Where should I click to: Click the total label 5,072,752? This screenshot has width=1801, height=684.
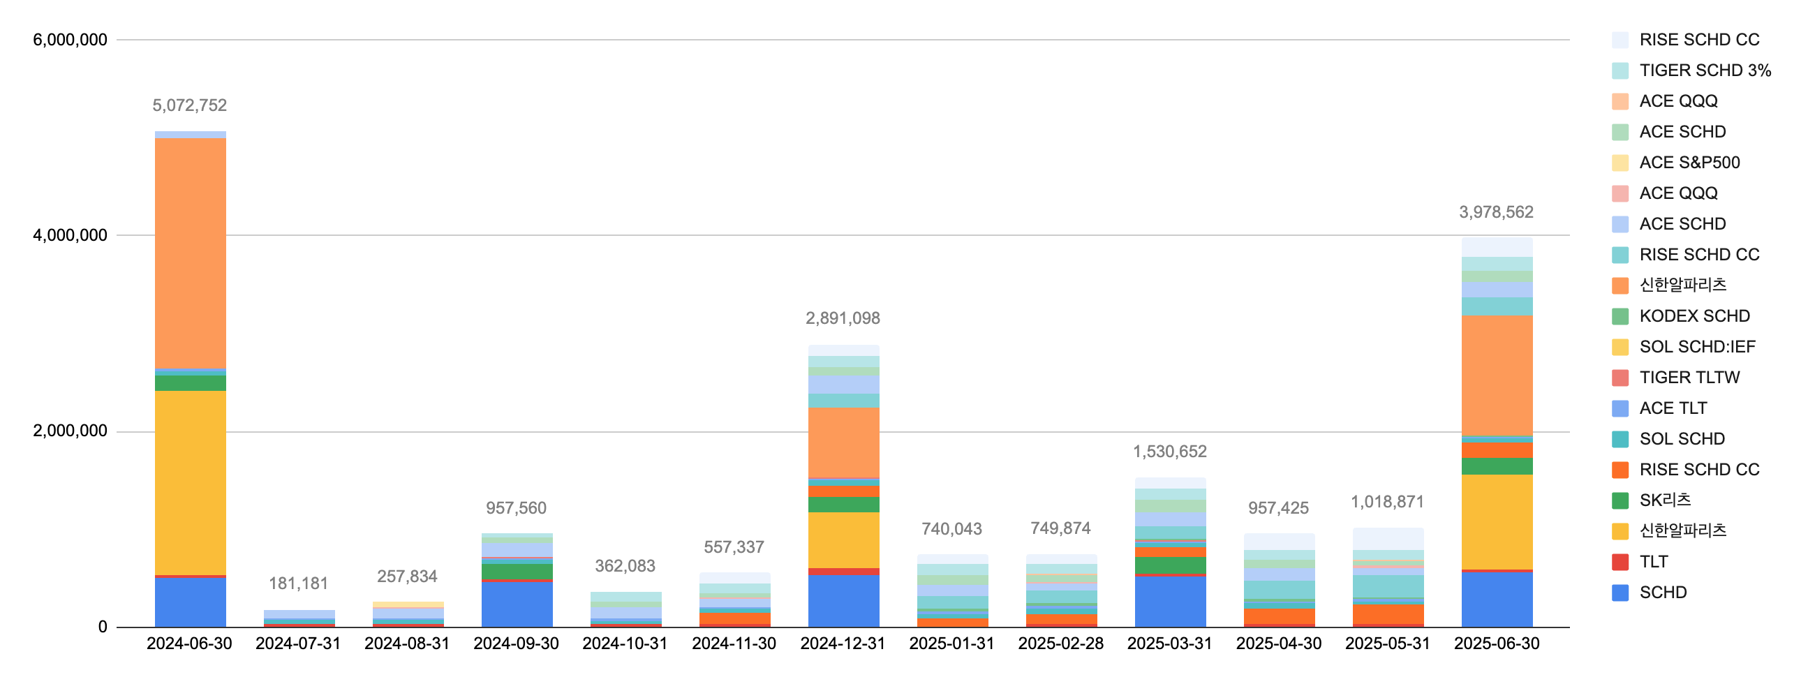point(189,105)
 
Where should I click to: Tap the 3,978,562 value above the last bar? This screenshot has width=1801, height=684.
point(1495,213)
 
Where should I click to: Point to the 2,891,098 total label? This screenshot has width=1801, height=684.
point(843,319)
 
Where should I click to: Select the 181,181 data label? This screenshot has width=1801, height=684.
point(298,583)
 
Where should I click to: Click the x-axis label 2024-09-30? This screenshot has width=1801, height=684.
point(516,644)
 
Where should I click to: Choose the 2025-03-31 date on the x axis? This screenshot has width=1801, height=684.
point(1169,644)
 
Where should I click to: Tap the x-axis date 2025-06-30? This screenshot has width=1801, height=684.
point(1496,644)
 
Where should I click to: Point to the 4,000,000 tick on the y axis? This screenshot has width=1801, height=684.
point(70,236)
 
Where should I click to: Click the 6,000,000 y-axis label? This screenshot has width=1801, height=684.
point(70,40)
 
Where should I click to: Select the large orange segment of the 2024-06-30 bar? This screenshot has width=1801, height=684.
point(190,252)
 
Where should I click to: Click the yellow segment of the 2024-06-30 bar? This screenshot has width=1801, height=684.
point(190,482)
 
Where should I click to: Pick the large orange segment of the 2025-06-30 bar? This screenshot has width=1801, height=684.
point(1497,375)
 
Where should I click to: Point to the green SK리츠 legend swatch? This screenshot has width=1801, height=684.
point(1620,500)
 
